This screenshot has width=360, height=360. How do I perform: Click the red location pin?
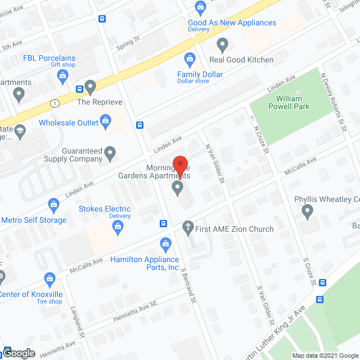180,164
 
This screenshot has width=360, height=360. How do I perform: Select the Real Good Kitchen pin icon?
222,44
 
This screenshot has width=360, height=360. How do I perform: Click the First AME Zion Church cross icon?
188,228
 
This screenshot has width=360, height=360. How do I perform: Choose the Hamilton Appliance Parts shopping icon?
165,244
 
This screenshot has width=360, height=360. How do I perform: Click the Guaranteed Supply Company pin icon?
110,152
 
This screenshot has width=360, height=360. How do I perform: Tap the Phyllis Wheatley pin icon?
307,212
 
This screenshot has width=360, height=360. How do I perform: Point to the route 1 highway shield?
55,103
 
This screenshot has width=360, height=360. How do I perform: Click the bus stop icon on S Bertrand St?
163,223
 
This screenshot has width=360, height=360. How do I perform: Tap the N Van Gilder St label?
215,163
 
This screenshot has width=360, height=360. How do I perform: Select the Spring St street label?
128,42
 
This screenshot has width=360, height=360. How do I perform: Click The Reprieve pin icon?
91,87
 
